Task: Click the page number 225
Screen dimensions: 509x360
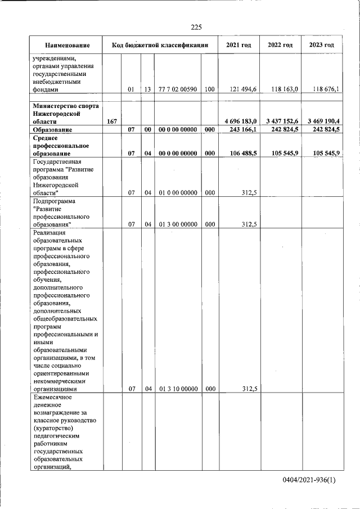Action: (196, 27)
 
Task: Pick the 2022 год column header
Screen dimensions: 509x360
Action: (280, 45)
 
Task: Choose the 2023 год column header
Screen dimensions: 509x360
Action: (321, 45)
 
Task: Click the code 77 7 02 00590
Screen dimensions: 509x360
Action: (178, 89)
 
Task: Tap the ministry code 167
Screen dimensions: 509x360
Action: (111, 121)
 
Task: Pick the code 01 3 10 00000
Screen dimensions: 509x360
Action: (178, 388)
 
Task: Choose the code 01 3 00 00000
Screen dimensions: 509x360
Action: (178, 224)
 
